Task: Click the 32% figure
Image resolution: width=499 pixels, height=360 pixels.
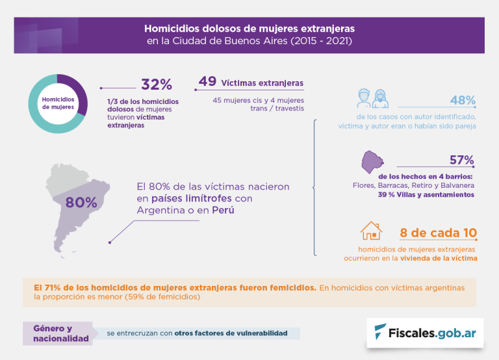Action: click(157, 84)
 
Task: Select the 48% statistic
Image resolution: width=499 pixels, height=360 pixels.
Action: click(463, 101)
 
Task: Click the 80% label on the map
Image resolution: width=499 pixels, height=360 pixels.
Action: click(81, 202)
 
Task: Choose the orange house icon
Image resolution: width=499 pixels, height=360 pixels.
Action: click(371, 232)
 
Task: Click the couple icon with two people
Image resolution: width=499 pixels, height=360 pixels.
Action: click(372, 98)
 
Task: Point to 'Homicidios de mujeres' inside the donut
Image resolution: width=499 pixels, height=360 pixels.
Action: click(58, 103)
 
